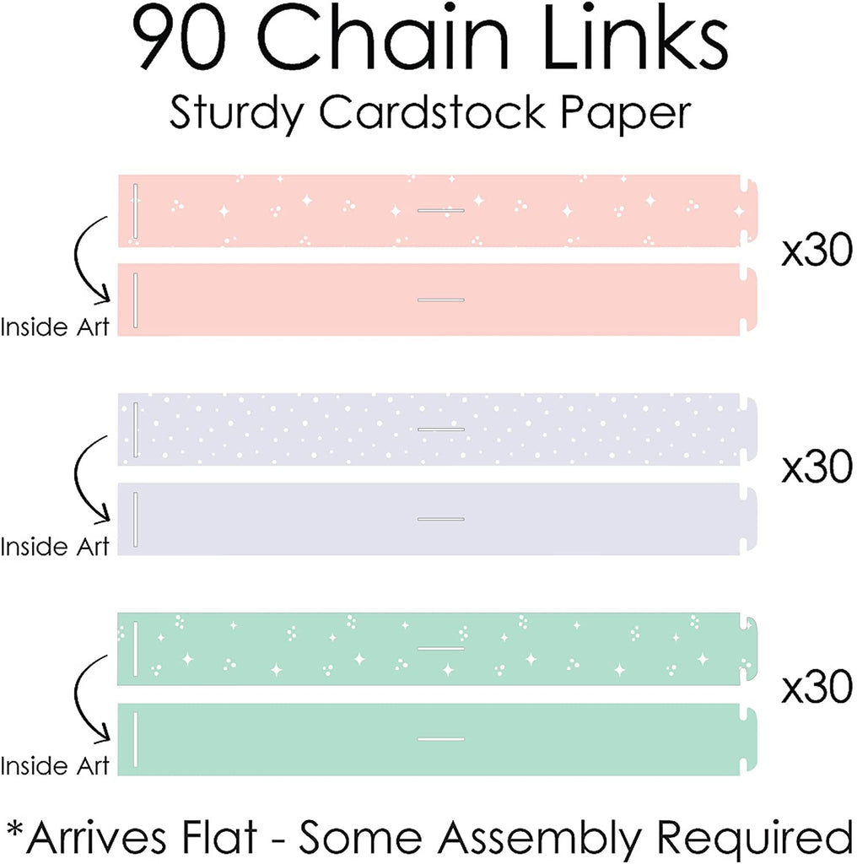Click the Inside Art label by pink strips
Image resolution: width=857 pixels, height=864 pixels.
pos(56,327)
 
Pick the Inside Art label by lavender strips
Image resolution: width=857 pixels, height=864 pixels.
pos(56,546)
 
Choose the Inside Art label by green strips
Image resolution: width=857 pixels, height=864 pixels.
pos(56,765)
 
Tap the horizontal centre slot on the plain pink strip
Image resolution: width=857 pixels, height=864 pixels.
pos(441,300)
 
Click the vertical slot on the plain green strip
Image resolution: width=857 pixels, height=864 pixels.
pos(136,738)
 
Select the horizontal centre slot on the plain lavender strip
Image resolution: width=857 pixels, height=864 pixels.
pos(441,519)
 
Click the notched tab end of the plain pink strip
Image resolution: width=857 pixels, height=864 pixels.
pos(747,300)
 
